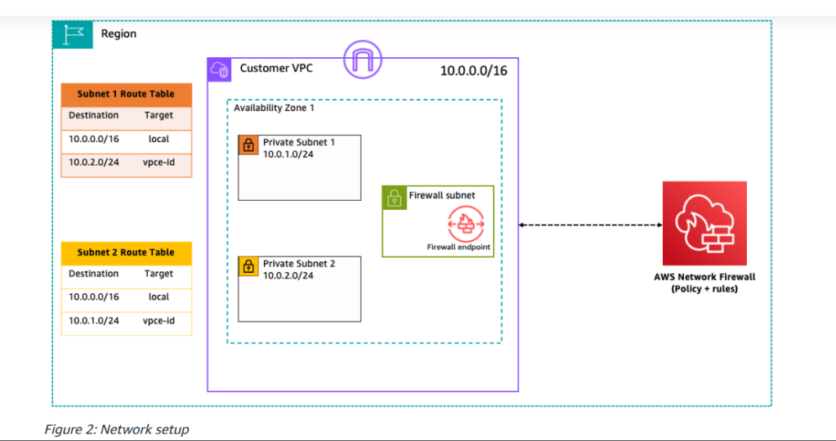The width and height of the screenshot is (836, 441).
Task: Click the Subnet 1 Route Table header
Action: [x=126, y=94]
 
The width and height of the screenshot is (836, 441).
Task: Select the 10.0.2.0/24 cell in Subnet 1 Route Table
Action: [x=94, y=162]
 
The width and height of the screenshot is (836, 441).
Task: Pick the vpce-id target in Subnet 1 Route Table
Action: [x=159, y=162]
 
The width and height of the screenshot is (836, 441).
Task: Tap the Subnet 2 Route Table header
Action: [x=126, y=252]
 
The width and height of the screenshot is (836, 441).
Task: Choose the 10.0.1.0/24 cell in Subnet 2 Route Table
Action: [x=94, y=321]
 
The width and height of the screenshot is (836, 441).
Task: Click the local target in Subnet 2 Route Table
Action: [x=159, y=297]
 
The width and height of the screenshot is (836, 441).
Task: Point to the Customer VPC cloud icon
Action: [x=221, y=69]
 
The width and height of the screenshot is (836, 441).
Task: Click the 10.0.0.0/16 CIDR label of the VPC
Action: [x=473, y=71]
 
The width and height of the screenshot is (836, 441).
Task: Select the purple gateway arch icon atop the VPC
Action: [x=363, y=58]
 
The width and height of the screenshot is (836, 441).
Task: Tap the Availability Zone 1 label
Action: [x=274, y=108]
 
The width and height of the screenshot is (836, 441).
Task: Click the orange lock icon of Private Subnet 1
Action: [x=248, y=145]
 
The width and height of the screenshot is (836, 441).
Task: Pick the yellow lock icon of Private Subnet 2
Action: [x=248, y=267]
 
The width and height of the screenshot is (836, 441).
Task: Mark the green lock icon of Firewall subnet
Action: [x=394, y=197]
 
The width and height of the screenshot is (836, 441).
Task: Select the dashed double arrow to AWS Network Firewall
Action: [x=590, y=225]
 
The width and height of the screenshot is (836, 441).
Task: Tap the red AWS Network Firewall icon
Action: [x=704, y=223]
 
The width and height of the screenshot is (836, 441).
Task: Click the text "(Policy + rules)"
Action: [x=704, y=289]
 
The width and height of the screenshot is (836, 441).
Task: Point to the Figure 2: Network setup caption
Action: [x=117, y=430]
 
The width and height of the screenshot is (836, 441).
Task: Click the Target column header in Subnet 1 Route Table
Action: [x=159, y=115]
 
